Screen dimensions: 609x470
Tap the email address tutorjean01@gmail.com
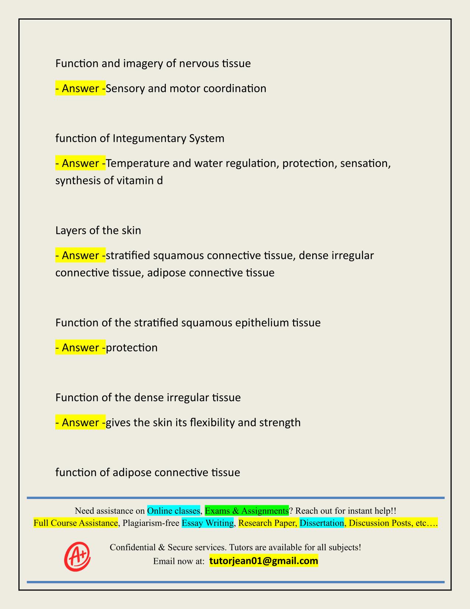click(264, 561)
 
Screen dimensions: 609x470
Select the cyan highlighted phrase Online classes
click(173, 511)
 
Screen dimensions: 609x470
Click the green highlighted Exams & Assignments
click(247, 511)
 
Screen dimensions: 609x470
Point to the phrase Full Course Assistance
click(76, 523)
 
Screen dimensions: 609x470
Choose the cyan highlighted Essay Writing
click(208, 523)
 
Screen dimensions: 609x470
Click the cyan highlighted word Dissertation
click(321, 523)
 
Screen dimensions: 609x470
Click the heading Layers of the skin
click(98, 231)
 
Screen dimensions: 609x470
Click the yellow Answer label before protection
click(80, 348)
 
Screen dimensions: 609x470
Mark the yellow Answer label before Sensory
click(80, 89)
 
